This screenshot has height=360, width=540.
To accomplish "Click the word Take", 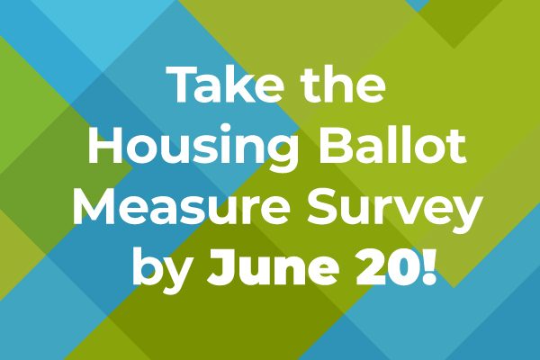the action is [x=224, y=84].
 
